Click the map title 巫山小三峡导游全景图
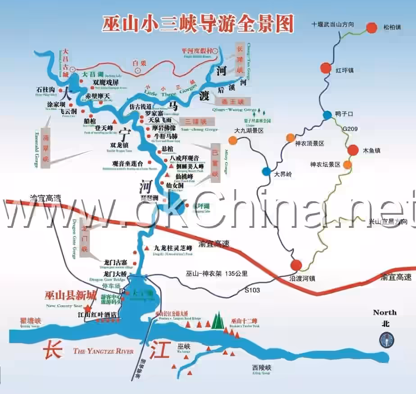click(199, 23)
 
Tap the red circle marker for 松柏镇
click(371, 27)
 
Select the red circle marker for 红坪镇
click(326, 68)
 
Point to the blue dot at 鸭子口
click(327, 115)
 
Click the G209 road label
click(350, 129)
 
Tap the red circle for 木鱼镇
click(352, 149)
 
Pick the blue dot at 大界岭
click(267, 172)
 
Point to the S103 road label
click(252, 290)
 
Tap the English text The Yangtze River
click(103, 351)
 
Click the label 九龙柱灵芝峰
click(173, 248)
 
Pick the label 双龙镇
click(119, 145)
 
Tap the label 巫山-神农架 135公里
click(217, 273)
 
